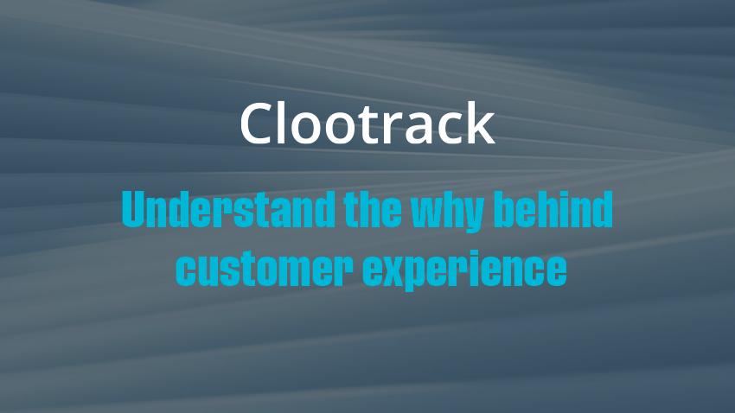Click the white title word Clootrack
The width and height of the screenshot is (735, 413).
(x=367, y=124)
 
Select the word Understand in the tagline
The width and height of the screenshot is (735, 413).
(x=229, y=209)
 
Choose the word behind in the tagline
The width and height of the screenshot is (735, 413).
(x=553, y=209)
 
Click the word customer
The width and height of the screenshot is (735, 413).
(x=265, y=269)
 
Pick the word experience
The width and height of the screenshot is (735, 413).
(x=464, y=270)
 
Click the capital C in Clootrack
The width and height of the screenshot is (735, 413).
(x=257, y=124)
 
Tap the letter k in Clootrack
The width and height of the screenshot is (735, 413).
(x=481, y=124)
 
